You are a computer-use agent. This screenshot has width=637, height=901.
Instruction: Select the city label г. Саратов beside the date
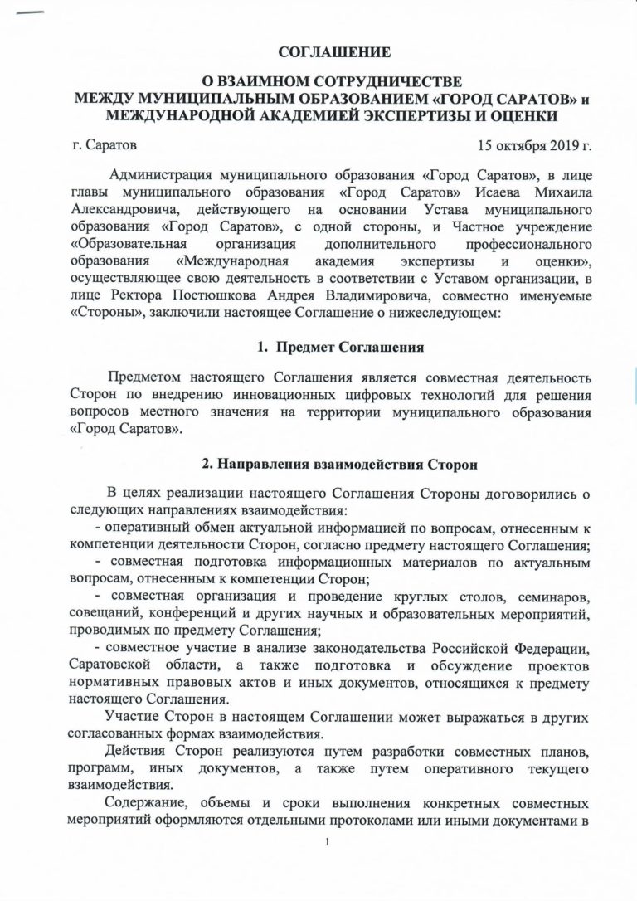(104, 146)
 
